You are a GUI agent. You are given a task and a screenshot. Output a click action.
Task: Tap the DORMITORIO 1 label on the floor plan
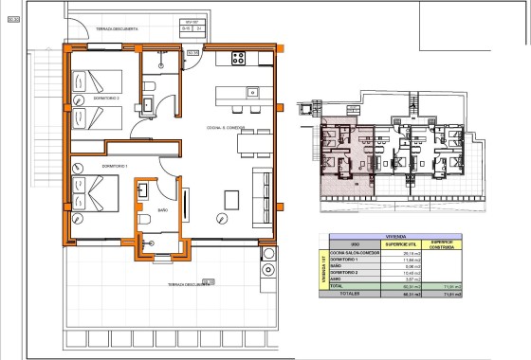88,166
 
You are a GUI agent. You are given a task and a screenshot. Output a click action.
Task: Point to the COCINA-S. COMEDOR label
227,127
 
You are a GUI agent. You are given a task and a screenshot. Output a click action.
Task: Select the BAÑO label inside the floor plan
162,209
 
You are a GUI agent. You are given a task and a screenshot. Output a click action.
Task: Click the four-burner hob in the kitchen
237,57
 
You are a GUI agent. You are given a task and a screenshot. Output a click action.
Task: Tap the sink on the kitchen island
253,92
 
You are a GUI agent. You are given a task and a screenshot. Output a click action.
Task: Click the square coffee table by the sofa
231,199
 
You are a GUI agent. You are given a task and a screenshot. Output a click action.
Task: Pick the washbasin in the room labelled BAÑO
143,192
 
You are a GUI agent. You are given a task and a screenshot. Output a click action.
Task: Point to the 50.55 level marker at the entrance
192,53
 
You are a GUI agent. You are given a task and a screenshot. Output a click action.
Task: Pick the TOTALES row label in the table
354,294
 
